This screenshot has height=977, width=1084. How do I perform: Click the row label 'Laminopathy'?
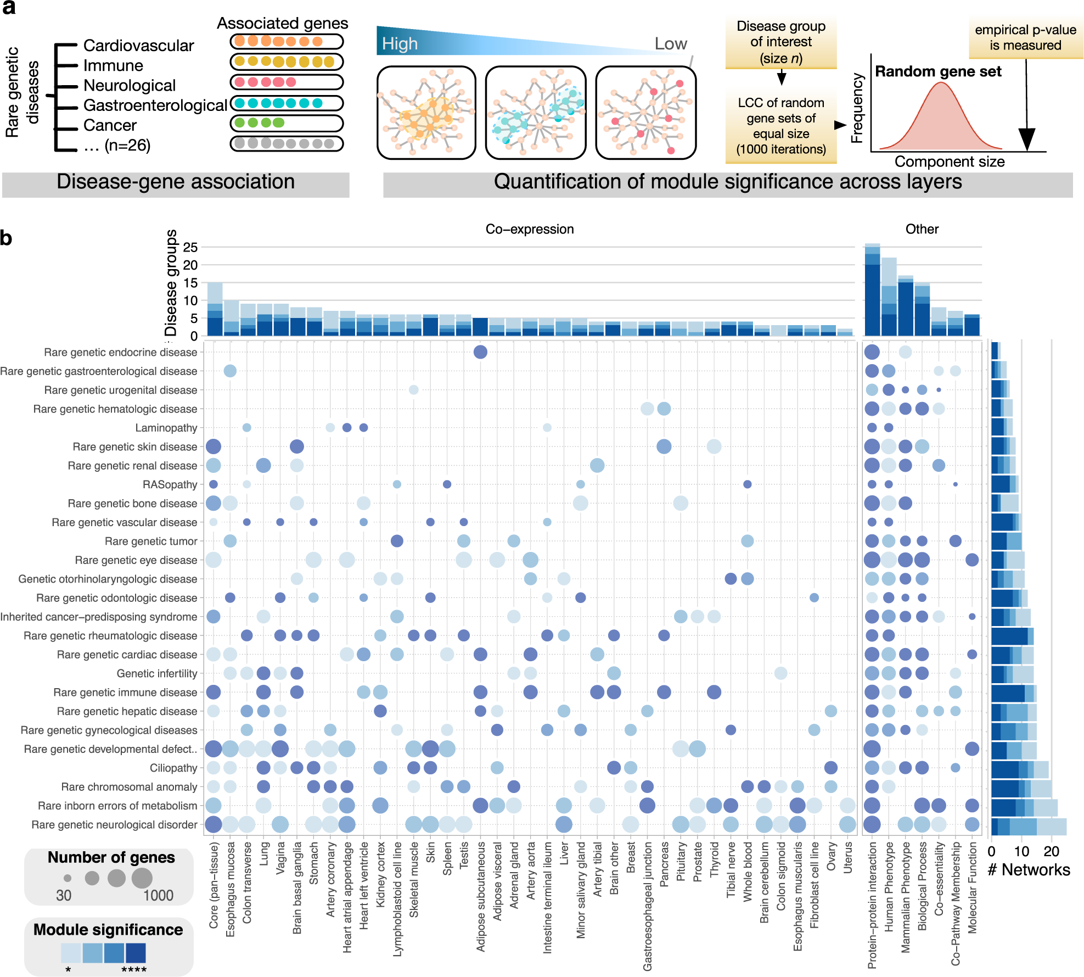(166, 428)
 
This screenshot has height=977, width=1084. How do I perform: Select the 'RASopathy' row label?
(170, 484)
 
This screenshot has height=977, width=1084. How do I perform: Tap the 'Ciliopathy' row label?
(173, 768)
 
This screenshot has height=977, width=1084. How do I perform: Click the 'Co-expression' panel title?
(530, 229)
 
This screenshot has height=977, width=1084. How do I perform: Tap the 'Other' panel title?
(922, 229)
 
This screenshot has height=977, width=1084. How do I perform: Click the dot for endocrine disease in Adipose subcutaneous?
(480, 352)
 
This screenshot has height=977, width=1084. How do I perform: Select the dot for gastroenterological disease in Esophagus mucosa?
(230, 371)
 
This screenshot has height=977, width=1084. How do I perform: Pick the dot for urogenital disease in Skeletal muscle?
(414, 390)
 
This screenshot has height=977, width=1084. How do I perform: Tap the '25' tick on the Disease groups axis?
(190, 247)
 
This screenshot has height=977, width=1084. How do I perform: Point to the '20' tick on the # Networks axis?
(1051, 851)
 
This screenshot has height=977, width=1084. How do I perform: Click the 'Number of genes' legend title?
(111, 857)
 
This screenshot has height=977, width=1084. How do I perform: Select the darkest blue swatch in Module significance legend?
(136, 953)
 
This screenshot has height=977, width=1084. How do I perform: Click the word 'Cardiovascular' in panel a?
(138, 46)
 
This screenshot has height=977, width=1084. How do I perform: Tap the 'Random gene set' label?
(938, 71)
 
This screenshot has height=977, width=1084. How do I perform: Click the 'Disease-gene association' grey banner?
(176, 182)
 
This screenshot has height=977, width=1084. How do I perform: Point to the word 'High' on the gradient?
(400, 44)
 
